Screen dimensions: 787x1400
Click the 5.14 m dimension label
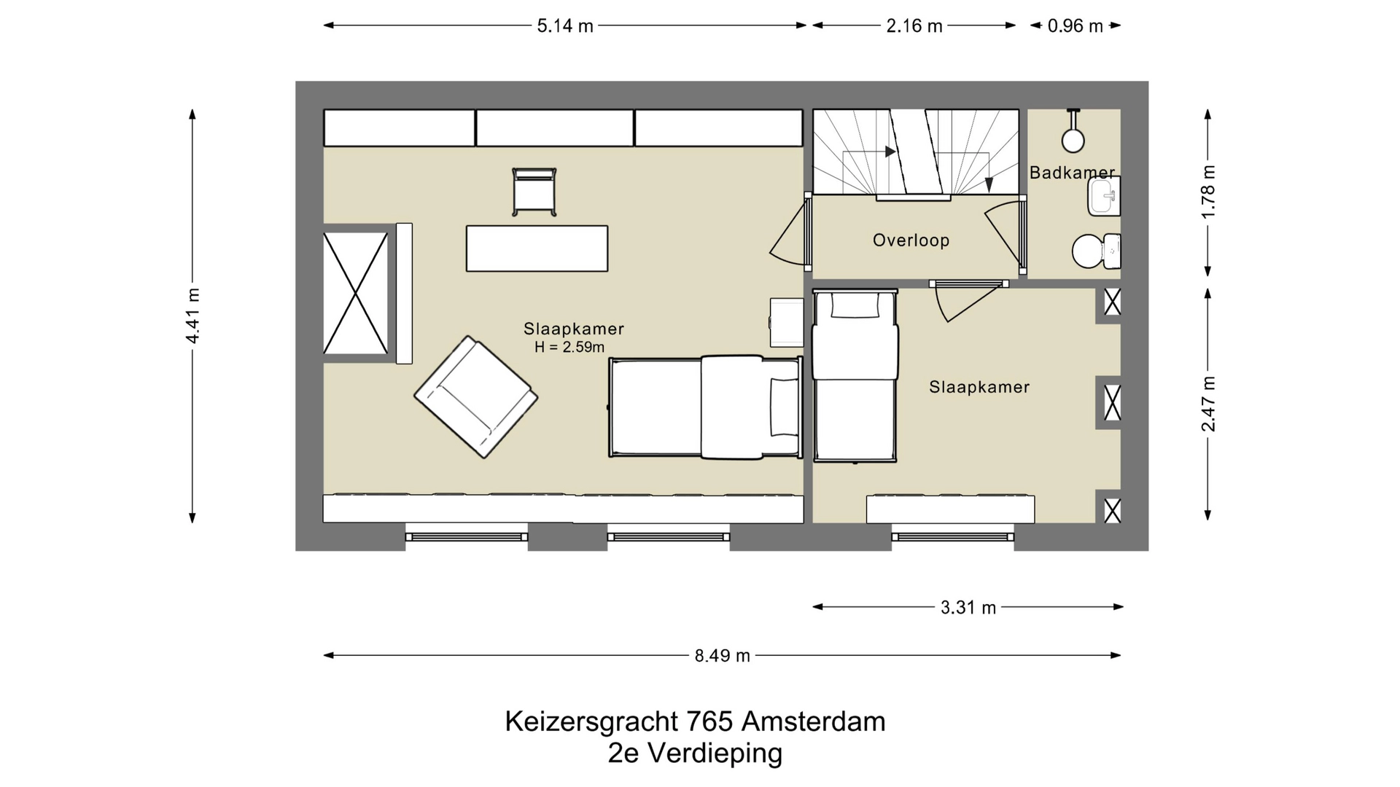click(565, 26)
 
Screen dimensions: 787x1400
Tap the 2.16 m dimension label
click(914, 26)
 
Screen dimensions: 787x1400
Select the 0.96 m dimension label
click(1076, 26)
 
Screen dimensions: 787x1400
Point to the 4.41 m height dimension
click(192, 316)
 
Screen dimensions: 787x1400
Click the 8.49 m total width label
click(722, 656)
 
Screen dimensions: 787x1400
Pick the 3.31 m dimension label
click(968, 608)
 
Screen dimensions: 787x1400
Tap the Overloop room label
click(911, 240)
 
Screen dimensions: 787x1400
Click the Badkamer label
click(1071, 173)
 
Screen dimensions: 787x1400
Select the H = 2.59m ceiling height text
click(569, 348)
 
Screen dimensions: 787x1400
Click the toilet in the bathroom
click(1094, 251)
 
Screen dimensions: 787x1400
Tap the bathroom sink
click(1103, 196)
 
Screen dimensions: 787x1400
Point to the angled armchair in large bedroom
click(475, 396)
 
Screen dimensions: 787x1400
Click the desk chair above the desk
click(534, 192)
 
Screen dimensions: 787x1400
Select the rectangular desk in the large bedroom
click(537, 248)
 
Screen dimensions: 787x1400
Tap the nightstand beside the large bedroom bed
click(787, 322)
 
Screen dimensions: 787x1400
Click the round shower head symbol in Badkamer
click(1073, 140)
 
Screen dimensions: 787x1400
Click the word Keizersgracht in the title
click(592, 721)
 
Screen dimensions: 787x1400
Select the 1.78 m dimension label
click(1208, 192)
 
